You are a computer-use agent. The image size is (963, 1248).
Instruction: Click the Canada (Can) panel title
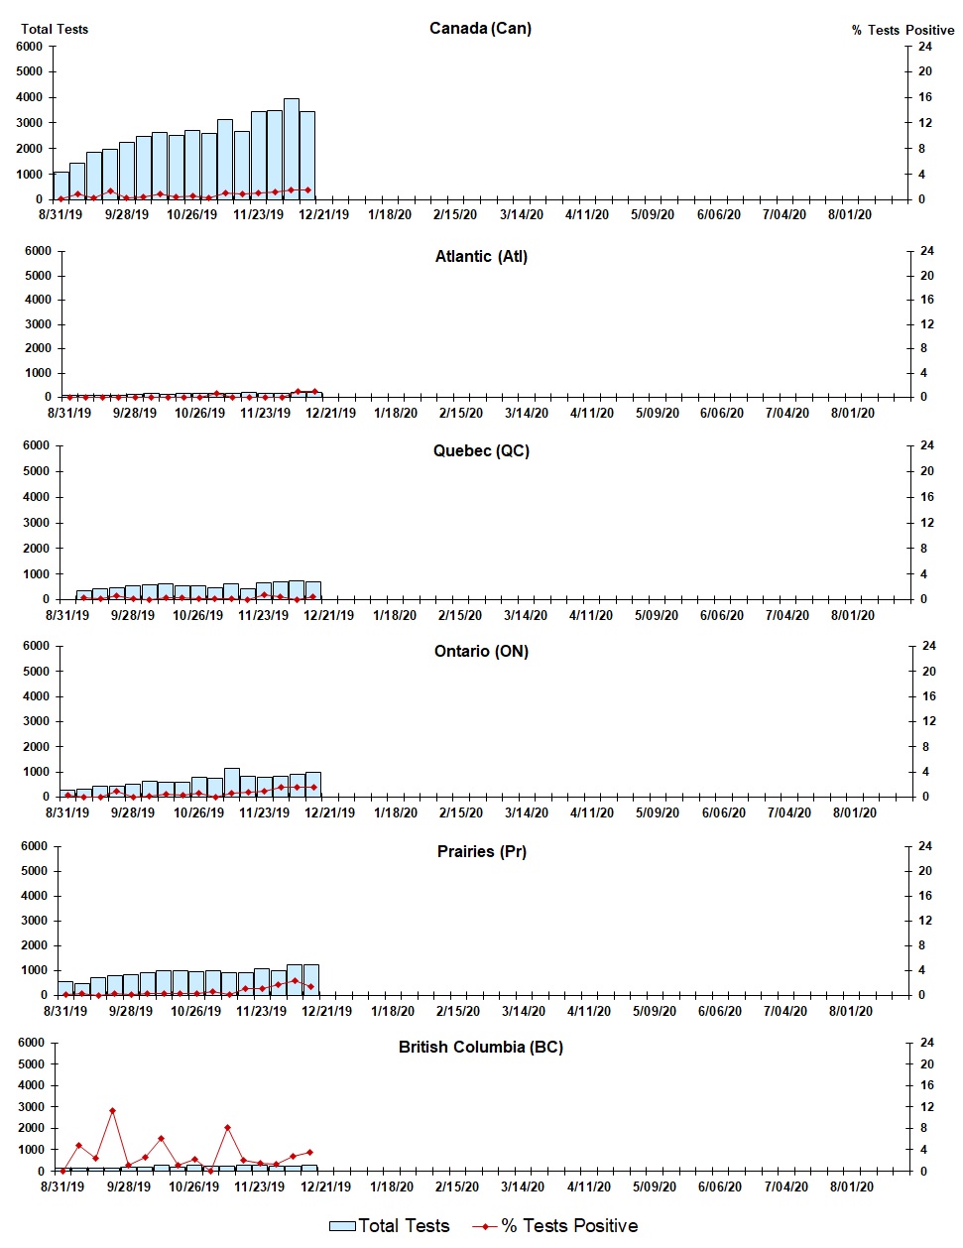(x=480, y=28)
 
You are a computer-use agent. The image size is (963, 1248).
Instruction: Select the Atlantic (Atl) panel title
(x=481, y=256)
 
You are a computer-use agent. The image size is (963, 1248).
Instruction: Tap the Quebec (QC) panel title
(x=481, y=450)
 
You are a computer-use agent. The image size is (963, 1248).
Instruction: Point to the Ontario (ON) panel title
(x=481, y=651)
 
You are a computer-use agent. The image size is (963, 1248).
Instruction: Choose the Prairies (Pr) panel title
(x=481, y=851)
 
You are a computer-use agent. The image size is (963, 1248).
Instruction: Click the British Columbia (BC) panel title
(x=481, y=1047)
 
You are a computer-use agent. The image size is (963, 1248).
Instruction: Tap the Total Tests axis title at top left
(x=55, y=29)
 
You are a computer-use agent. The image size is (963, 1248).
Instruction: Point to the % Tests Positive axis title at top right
(x=903, y=30)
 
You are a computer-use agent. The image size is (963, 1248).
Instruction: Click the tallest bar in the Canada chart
(x=292, y=149)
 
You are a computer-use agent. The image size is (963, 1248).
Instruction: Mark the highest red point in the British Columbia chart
(x=113, y=1111)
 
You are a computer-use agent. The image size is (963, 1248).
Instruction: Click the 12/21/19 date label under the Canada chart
(x=324, y=214)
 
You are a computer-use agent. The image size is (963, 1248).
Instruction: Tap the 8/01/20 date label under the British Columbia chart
(x=850, y=1186)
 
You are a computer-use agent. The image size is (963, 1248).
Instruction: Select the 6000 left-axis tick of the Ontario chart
(x=36, y=646)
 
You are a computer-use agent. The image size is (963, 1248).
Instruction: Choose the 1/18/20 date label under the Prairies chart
(x=392, y=1011)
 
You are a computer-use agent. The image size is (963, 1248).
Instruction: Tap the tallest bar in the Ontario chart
(x=232, y=782)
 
